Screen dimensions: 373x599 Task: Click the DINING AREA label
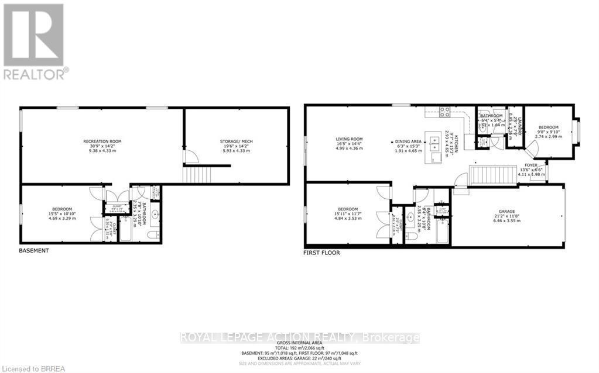tap(408, 141)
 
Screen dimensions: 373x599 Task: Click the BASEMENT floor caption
tap(34, 250)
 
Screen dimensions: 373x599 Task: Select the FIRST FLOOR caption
tap(321, 253)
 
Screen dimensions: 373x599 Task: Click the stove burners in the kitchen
tap(444, 112)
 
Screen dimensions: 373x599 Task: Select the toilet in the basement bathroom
tap(154, 235)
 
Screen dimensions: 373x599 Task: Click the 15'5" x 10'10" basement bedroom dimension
tap(61, 214)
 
